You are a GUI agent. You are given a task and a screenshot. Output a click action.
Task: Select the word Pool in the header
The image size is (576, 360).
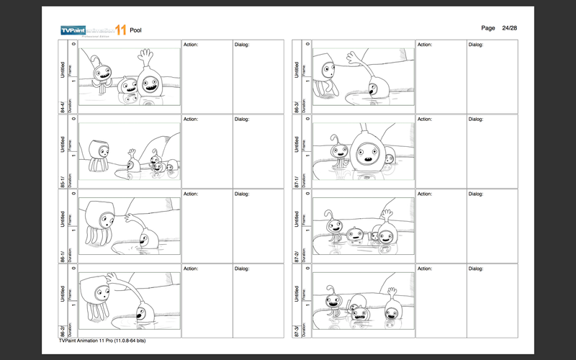(136, 30)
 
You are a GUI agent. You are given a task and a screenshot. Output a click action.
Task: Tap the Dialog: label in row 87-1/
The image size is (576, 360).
(476, 120)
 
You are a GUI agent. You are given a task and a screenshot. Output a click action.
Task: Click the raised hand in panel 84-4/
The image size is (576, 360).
(146, 55)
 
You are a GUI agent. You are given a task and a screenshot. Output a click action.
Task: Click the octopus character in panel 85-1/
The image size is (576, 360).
(99, 155)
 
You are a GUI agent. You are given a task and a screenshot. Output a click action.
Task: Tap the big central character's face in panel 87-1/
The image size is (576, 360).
(367, 150)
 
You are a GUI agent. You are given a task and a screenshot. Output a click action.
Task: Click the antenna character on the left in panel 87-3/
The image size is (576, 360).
(333, 302)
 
